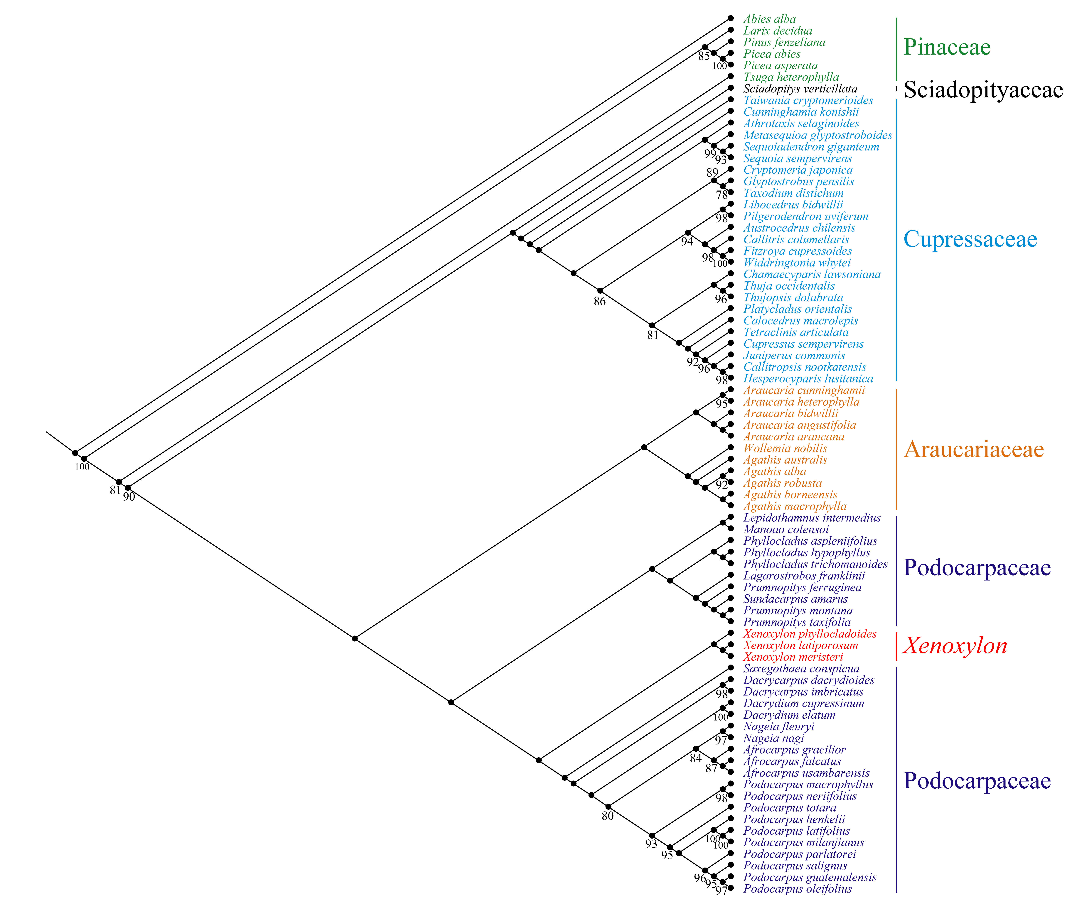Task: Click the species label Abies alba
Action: [x=769, y=19]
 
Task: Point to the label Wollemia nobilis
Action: [x=785, y=448]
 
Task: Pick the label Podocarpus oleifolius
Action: [x=797, y=889]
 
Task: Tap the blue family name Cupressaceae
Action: [x=970, y=239]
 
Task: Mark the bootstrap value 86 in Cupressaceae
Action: [x=599, y=302]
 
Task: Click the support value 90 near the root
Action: [x=129, y=497]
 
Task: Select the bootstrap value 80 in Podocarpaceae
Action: [x=608, y=816]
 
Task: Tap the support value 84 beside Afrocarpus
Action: [x=695, y=758]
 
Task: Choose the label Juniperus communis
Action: [x=794, y=355]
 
